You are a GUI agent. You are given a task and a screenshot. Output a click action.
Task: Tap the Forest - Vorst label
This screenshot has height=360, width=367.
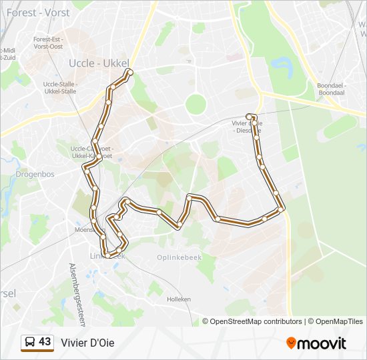pyautogui.click(x=39, y=11)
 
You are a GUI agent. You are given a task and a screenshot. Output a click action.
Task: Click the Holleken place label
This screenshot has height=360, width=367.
pyautogui.click(x=179, y=299)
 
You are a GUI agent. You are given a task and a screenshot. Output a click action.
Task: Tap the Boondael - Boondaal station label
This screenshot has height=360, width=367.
pyautogui.click(x=331, y=89)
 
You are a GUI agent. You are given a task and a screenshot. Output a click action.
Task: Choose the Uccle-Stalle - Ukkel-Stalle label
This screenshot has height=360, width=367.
pyautogui.click(x=60, y=88)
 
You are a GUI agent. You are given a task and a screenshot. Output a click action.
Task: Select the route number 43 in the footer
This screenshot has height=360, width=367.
pyautogui.click(x=45, y=341)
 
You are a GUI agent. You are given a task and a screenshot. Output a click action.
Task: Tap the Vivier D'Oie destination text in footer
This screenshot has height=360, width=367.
pyautogui.click(x=87, y=343)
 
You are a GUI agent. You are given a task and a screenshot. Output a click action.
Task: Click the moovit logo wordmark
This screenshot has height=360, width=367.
pyautogui.click(x=322, y=343)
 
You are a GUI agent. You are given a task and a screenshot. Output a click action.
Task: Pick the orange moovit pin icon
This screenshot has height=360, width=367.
pyautogui.click(x=291, y=343)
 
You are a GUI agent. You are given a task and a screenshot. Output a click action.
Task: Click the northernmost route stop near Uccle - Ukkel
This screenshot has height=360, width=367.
pyautogui.click(x=129, y=72)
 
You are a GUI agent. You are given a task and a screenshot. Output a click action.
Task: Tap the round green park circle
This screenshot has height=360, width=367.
pyautogui.click(x=196, y=104)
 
